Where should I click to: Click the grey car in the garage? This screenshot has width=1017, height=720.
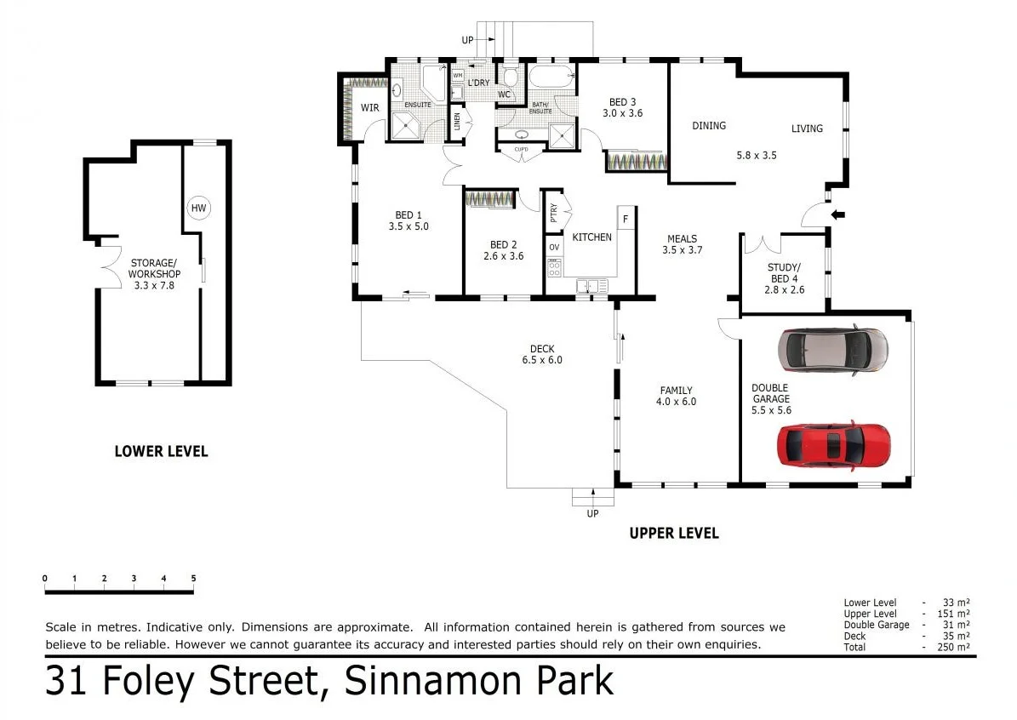pos(832,349)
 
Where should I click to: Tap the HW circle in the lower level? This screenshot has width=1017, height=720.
pos(198,208)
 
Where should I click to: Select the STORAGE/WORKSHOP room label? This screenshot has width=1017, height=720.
pos(154,274)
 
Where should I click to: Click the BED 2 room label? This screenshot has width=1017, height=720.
pos(502,250)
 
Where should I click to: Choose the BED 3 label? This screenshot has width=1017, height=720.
pos(623,107)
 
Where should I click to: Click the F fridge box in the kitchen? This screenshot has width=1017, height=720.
pos(626,218)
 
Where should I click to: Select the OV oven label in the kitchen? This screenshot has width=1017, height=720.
pos(554,248)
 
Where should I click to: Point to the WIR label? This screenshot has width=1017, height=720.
pos(369,108)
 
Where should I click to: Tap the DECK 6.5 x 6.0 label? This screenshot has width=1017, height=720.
pos(542,354)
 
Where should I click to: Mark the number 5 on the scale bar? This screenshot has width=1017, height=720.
pos(193,579)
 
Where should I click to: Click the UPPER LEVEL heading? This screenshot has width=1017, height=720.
pos(673,534)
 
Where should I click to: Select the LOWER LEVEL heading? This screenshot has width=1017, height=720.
pos(161,451)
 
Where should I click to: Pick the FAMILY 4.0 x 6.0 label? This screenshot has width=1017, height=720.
pos(677,396)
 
